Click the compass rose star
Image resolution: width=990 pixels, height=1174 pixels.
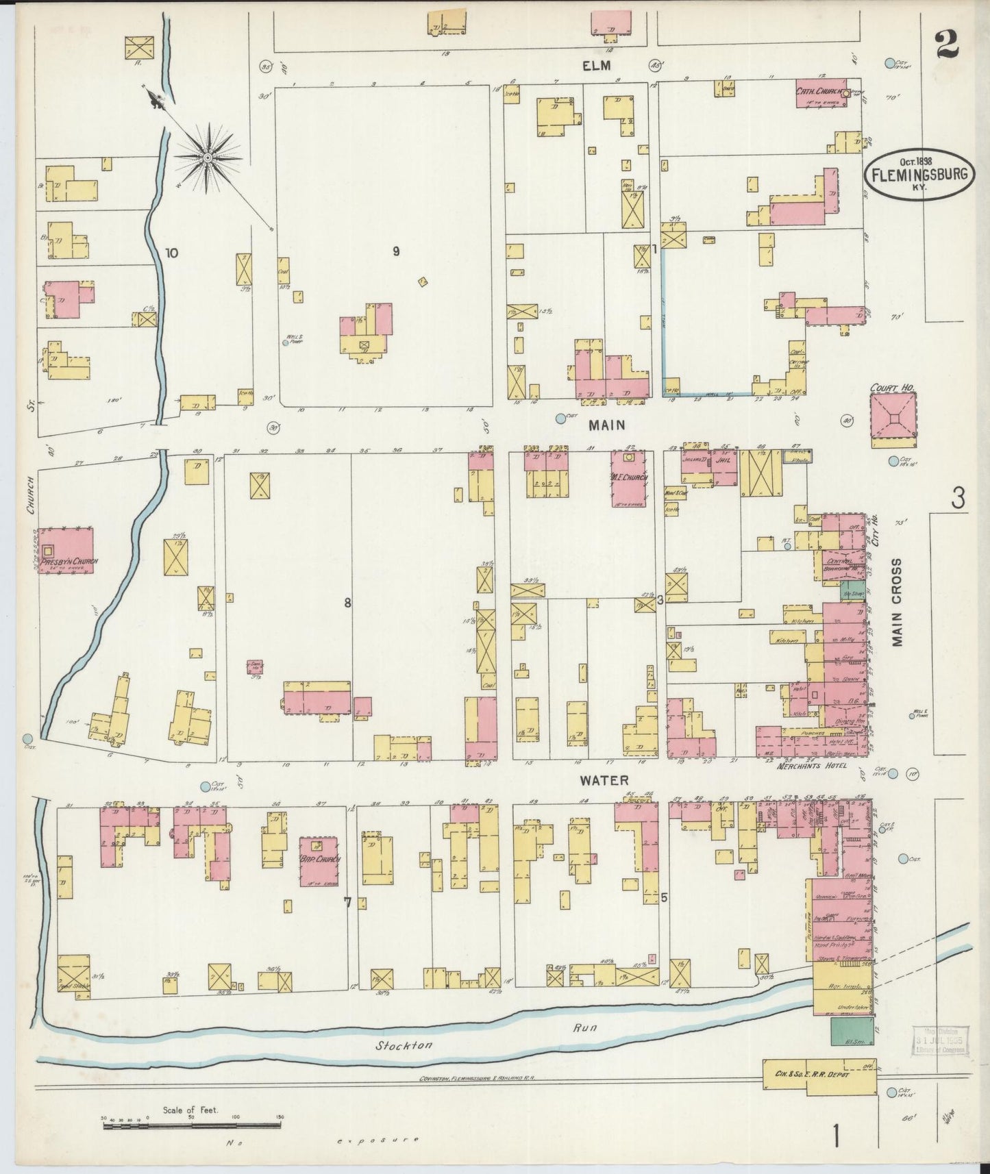(x=207, y=158)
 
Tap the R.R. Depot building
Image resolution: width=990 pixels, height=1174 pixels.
(x=819, y=1076)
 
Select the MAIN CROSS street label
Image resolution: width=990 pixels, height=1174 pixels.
(x=897, y=601)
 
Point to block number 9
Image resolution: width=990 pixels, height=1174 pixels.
(x=396, y=251)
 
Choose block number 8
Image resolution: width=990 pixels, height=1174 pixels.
(x=348, y=603)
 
